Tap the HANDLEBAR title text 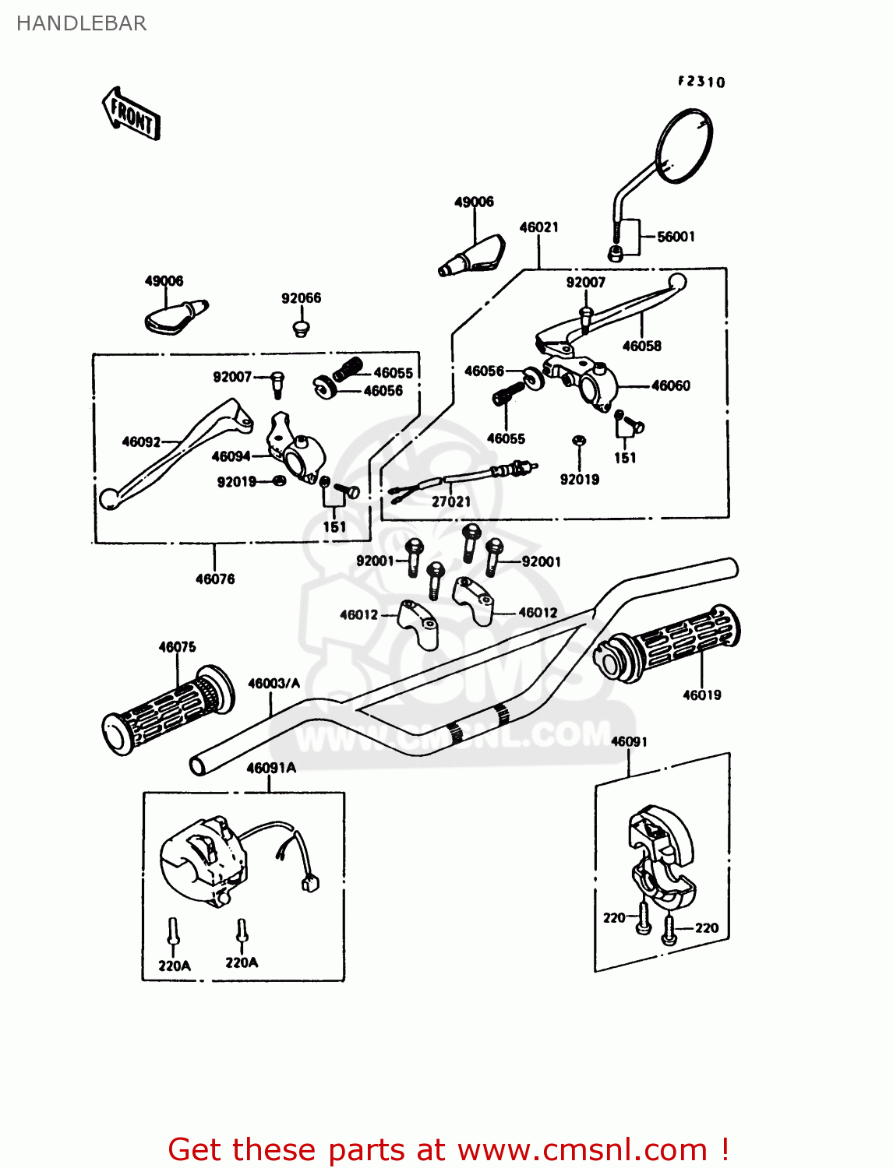click(x=81, y=23)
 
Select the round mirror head click(x=684, y=146)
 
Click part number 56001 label click(x=676, y=237)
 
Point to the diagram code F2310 click(x=701, y=82)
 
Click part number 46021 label click(x=538, y=227)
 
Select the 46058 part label click(x=641, y=346)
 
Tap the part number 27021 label click(x=451, y=502)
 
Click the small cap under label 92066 click(x=301, y=329)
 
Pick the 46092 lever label click(x=141, y=442)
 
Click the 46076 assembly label click(x=214, y=579)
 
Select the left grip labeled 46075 click(x=168, y=710)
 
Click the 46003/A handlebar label click(x=274, y=684)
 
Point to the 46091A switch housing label click(x=271, y=768)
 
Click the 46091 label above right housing click(x=629, y=741)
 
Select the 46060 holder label click(x=670, y=385)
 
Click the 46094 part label click(x=231, y=457)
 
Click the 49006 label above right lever click(x=474, y=202)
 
